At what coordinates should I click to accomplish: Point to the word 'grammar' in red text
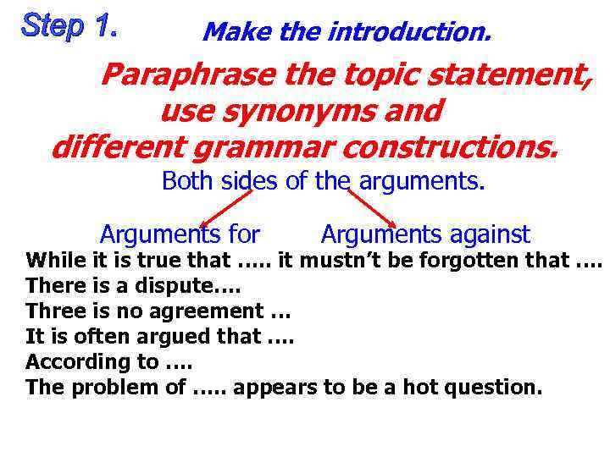[258, 147]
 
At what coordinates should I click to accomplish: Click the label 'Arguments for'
[180, 234]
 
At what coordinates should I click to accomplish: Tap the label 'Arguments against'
[425, 234]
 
